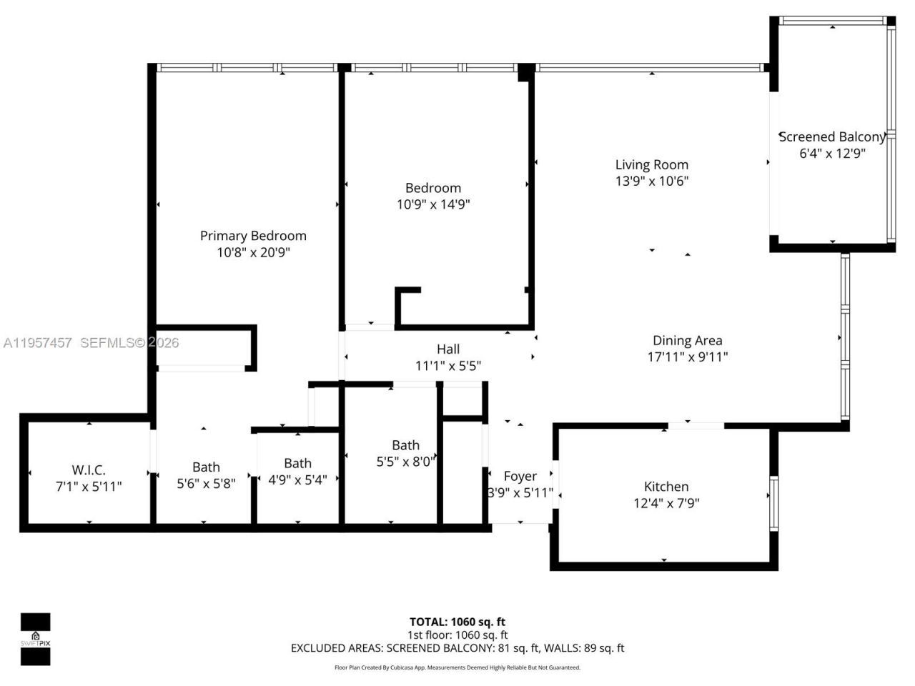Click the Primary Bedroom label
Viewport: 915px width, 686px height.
pos(253,236)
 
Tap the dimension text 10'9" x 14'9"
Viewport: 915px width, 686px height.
pos(433,204)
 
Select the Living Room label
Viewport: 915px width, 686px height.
pos(651,164)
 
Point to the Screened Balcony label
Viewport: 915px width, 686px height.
pos(831,136)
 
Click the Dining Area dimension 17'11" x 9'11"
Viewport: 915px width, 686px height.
pos(687,357)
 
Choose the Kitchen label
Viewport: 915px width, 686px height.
pos(666,487)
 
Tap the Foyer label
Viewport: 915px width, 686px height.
pos(520,476)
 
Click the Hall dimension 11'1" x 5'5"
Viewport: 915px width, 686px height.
pos(448,366)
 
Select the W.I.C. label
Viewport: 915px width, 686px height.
pos(89,470)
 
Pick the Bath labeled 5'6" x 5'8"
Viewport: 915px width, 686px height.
pos(206,467)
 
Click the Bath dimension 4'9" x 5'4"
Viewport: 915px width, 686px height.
pos(297,479)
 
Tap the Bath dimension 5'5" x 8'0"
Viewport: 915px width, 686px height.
pos(405,462)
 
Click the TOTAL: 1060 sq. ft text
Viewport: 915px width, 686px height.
pos(457,622)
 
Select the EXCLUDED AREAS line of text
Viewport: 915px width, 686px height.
pos(457,648)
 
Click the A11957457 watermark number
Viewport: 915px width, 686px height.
pos(37,343)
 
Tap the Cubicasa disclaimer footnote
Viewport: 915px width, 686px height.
pos(457,667)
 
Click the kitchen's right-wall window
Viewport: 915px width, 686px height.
pos(773,503)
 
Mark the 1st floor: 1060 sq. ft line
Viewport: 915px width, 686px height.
pos(457,635)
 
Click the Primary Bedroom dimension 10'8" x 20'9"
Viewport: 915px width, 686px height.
pos(253,252)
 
